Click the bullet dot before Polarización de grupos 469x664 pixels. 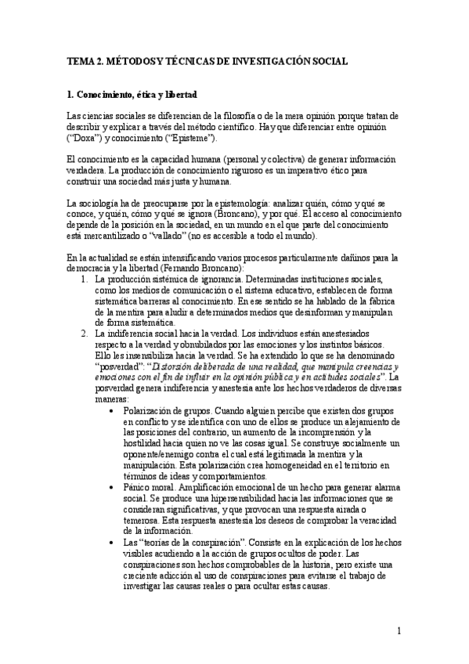click(116, 410)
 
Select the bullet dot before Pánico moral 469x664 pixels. click(116, 487)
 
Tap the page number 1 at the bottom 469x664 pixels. click(399, 630)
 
